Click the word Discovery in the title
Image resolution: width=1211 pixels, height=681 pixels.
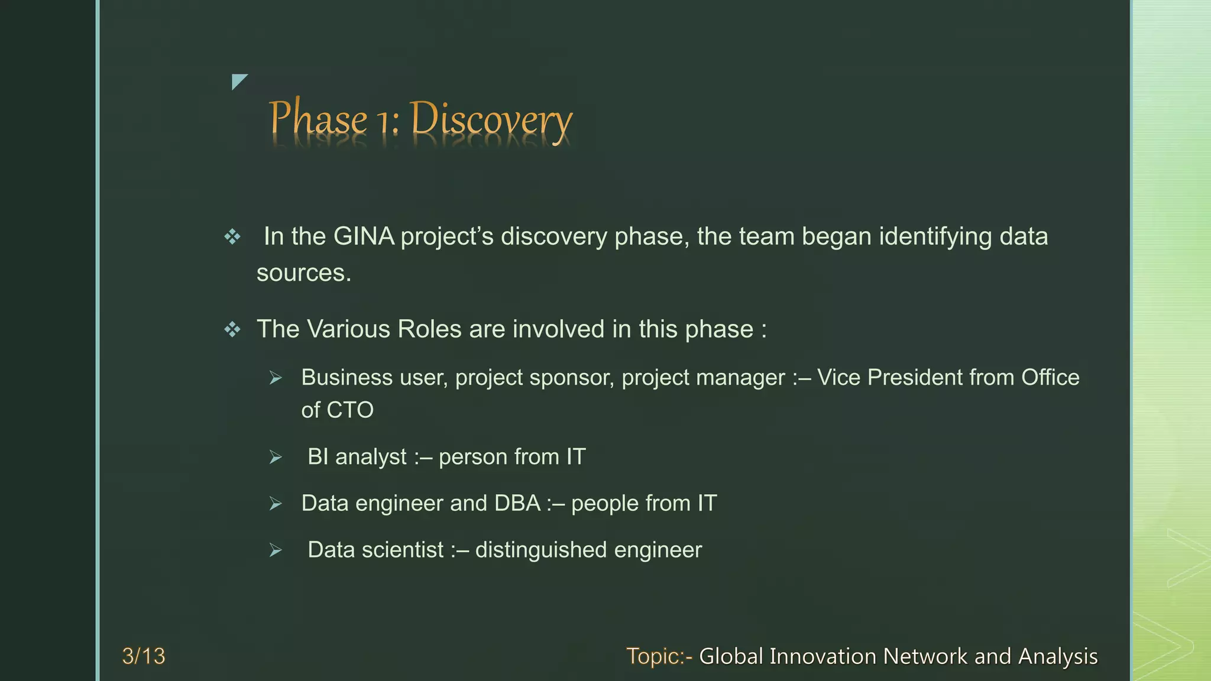(x=491, y=120)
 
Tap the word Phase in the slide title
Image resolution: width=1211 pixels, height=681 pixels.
(x=318, y=118)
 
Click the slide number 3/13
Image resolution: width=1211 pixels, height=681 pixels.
(x=144, y=656)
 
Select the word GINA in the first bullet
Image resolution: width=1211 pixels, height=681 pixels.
(x=364, y=236)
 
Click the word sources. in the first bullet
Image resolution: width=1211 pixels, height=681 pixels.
(x=304, y=273)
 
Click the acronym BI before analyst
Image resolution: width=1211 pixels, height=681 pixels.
(x=318, y=457)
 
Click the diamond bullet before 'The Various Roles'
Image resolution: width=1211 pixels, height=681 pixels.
(x=232, y=329)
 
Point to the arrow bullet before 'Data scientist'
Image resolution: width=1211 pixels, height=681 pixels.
(x=276, y=550)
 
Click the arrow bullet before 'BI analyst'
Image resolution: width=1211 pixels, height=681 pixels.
(x=276, y=457)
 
